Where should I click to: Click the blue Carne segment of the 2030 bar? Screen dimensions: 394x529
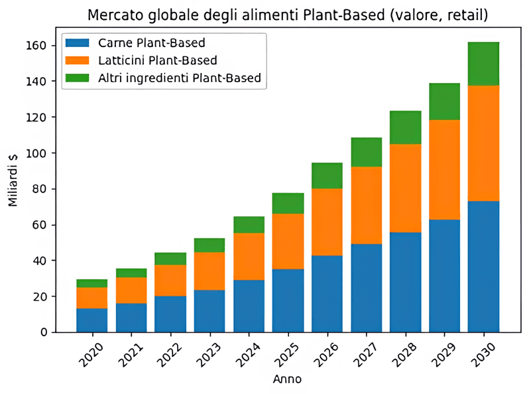coord(483,265)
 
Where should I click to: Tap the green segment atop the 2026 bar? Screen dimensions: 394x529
coord(327,175)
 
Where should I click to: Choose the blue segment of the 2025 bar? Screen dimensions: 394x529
coord(288,300)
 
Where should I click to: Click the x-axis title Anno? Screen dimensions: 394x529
coord(288,380)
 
